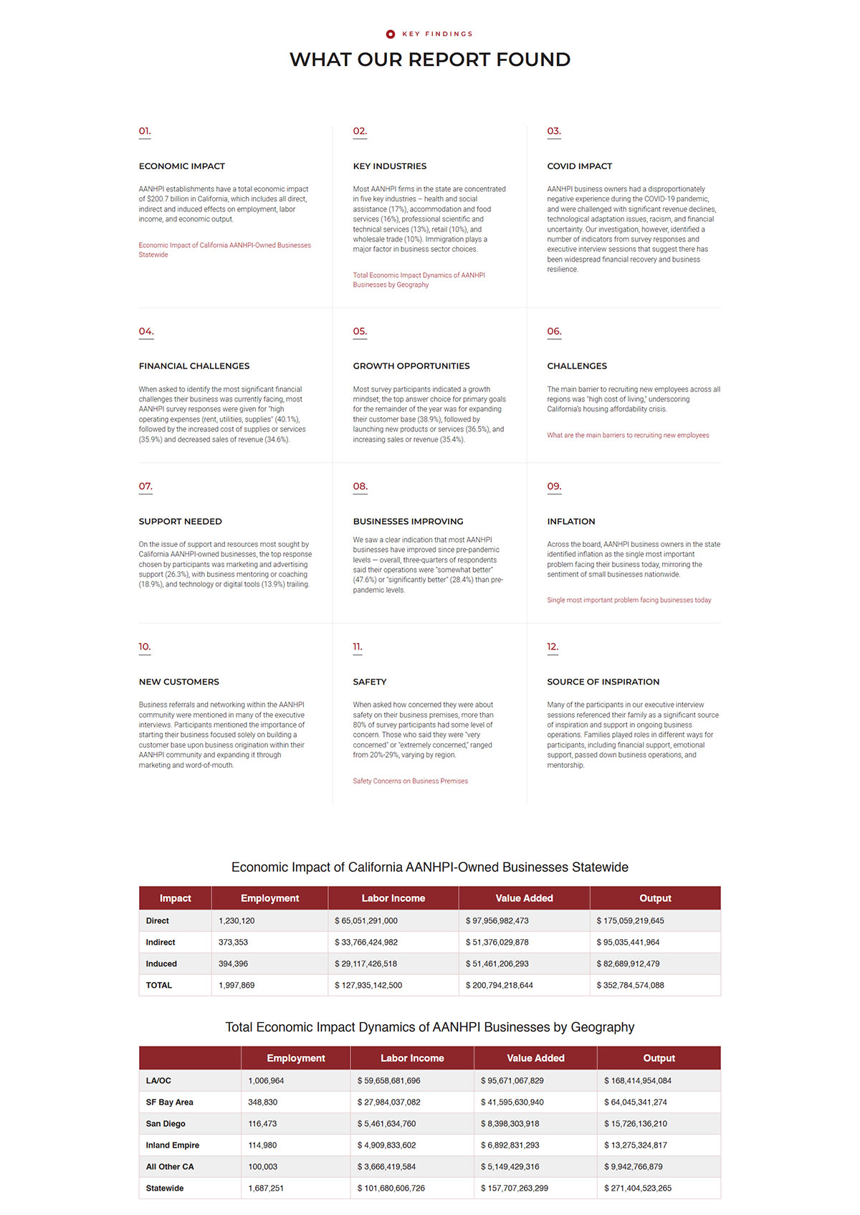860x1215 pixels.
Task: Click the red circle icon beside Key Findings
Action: pyautogui.click(x=391, y=34)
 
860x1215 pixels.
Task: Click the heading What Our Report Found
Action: pyautogui.click(x=430, y=59)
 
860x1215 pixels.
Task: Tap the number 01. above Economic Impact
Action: pyautogui.click(x=145, y=131)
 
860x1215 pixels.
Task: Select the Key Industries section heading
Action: pyautogui.click(x=389, y=166)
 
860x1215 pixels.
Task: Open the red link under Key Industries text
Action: pyautogui.click(x=419, y=280)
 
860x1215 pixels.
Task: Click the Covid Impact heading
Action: pyautogui.click(x=579, y=166)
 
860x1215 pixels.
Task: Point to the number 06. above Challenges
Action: pyautogui.click(x=554, y=331)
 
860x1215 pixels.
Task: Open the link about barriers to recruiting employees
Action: pyautogui.click(x=628, y=435)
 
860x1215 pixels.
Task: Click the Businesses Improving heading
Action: pyautogui.click(x=408, y=522)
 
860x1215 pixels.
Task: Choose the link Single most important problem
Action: pyautogui.click(x=629, y=600)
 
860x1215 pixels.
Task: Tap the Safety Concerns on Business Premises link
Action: pyautogui.click(x=410, y=781)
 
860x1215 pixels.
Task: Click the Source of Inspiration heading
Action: pyautogui.click(x=603, y=682)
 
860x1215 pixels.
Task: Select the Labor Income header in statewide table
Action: pyautogui.click(x=393, y=898)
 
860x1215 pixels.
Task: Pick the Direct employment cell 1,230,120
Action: pyautogui.click(x=236, y=921)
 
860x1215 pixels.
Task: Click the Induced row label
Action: pyautogui.click(x=161, y=964)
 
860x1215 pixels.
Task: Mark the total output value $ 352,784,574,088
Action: pyautogui.click(x=630, y=986)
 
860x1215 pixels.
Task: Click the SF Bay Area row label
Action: pyautogui.click(x=169, y=1102)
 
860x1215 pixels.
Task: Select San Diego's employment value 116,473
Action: pyautogui.click(x=262, y=1124)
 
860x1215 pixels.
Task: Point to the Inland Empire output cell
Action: pyautogui.click(x=635, y=1145)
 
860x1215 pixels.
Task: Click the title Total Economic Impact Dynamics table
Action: pyautogui.click(x=430, y=1027)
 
